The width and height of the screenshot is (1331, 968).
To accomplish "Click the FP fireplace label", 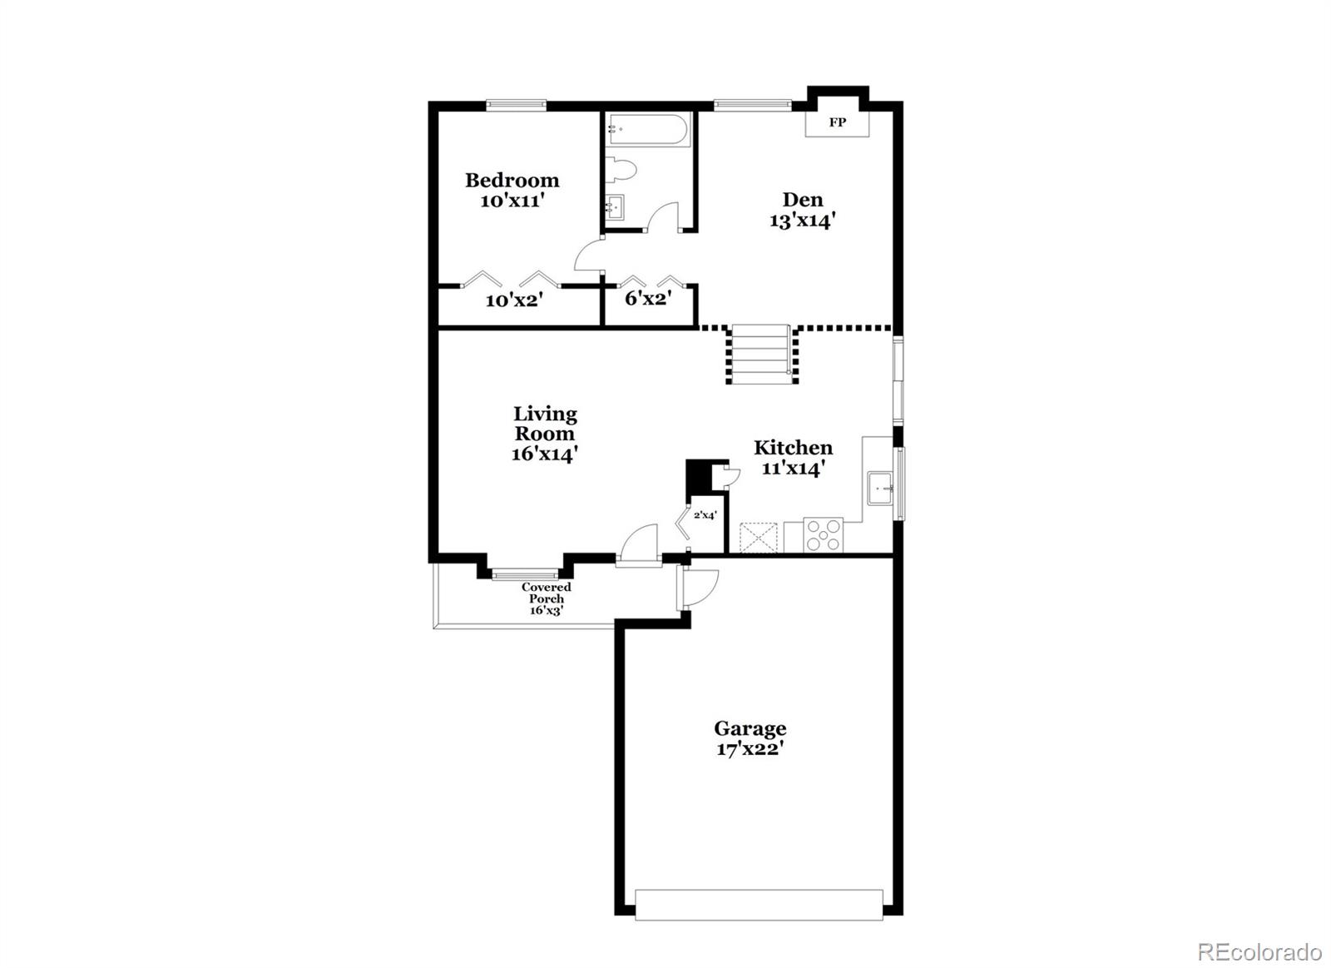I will click(x=837, y=122).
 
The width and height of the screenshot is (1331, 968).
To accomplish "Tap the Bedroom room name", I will click(x=512, y=180).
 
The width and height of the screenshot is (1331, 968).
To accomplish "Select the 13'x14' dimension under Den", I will click(x=802, y=221).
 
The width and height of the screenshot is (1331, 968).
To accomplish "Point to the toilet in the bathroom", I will click(x=622, y=170).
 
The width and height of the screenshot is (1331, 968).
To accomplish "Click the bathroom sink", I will click(x=615, y=206).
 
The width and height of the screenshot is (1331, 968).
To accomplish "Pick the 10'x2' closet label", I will click(x=514, y=300).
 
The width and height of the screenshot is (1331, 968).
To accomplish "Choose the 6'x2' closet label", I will click(x=648, y=298).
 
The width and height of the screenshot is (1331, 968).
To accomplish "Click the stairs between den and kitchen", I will click(x=760, y=353).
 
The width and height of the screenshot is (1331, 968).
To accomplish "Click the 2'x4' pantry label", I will click(x=705, y=515).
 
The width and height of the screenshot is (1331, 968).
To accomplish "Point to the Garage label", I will click(x=750, y=728).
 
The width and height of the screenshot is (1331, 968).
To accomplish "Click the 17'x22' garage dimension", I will click(x=750, y=749).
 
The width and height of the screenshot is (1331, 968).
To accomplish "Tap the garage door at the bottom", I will click(x=759, y=905).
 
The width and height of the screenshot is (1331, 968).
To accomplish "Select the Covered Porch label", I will click(x=547, y=593).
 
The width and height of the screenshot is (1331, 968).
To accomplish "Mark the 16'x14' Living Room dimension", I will click(x=545, y=454).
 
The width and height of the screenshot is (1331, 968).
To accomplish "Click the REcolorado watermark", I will click(x=1259, y=951).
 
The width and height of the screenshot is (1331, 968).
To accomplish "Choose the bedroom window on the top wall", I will click(x=516, y=105).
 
